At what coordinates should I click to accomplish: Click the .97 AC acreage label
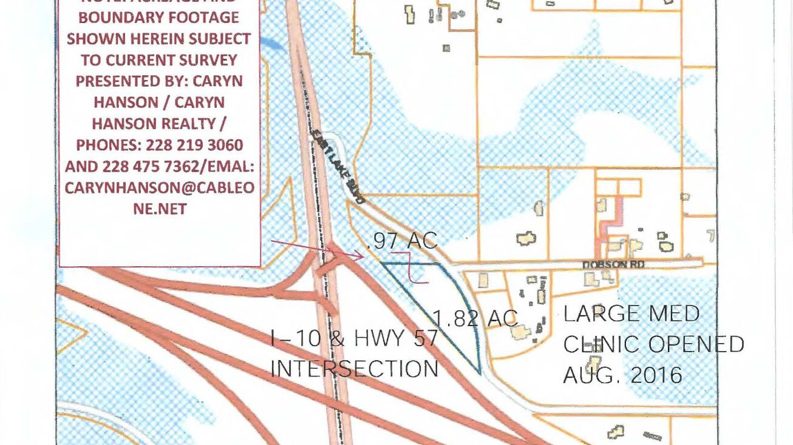click(402, 241)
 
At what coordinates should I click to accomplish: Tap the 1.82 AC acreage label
click(475, 318)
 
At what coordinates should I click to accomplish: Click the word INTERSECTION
click(354, 368)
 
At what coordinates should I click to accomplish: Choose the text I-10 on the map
click(290, 338)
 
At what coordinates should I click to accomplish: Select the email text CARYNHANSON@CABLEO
click(159, 187)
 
